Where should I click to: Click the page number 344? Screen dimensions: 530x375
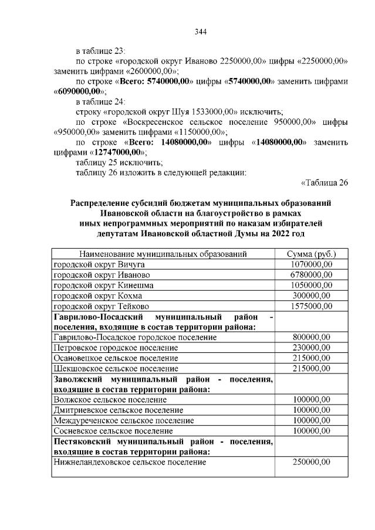pos(201,32)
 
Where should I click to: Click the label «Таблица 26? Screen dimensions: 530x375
pos(325,182)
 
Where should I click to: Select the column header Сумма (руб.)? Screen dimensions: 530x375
pos(311,254)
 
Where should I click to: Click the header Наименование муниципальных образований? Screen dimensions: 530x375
pos(163,254)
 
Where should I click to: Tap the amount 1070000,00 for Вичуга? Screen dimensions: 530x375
pos(311,264)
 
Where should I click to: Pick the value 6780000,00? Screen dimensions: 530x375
pos(311,275)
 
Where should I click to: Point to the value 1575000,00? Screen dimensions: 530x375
pos(311,306)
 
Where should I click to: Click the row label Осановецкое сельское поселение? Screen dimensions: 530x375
pos(116,358)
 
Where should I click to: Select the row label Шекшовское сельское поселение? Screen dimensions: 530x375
pos(116,369)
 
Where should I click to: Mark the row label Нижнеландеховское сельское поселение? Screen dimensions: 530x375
pos(130,463)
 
